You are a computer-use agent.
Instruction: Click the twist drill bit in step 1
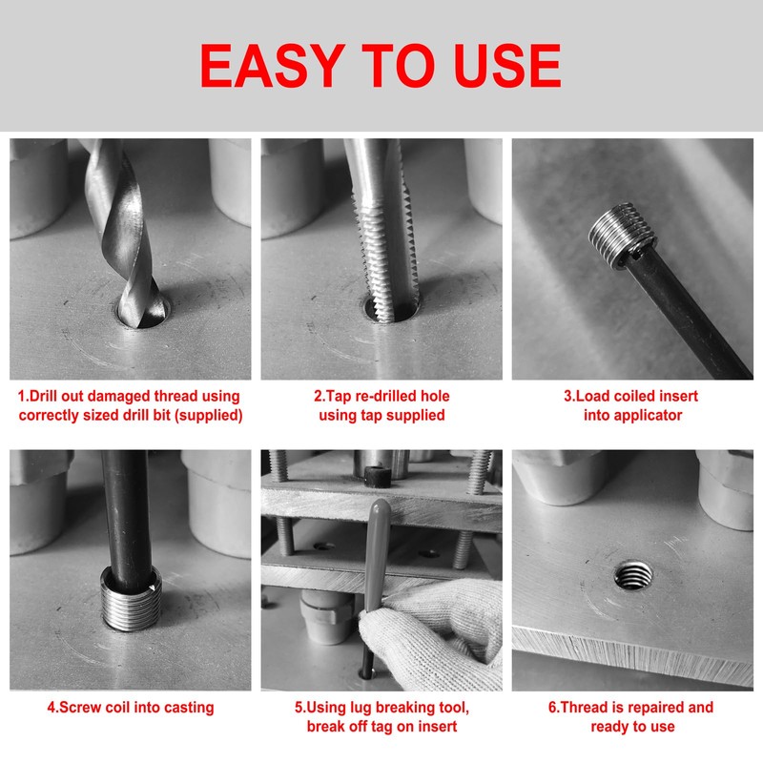point(124,234)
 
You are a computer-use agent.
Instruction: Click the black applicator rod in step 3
point(686,312)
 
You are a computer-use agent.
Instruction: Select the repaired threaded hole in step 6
point(632,575)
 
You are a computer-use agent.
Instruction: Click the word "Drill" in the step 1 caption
point(45,396)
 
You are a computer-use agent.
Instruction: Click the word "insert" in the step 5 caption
point(436,727)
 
